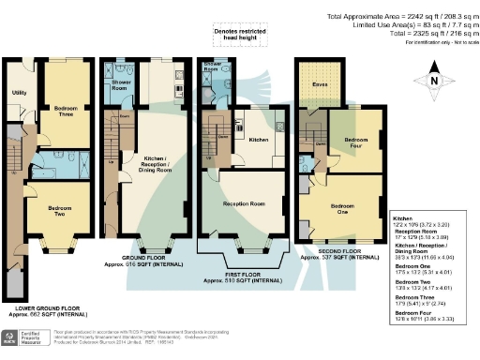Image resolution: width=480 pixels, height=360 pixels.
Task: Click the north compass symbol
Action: tap(431, 80)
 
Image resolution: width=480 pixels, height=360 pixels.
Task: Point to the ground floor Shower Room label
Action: tap(120, 81)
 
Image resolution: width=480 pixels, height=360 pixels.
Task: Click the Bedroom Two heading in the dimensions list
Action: tap(417, 281)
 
